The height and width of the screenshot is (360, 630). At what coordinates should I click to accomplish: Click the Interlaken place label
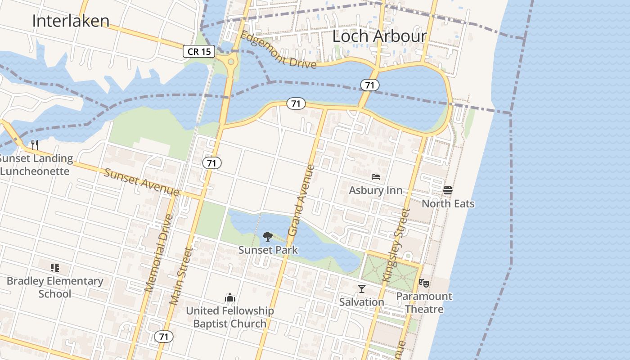tap(71, 21)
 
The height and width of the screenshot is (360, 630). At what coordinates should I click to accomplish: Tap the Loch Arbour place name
tap(379, 36)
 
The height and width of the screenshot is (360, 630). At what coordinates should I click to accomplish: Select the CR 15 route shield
tap(199, 51)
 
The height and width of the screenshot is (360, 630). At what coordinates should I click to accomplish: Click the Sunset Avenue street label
tap(141, 182)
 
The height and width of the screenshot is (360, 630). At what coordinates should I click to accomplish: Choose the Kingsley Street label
tap(396, 245)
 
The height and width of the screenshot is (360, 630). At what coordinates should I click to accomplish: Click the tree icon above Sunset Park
tap(268, 237)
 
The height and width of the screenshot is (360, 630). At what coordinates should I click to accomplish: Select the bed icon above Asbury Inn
tap(376, 177)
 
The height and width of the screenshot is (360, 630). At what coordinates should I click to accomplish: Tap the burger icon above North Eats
tap(447, 190)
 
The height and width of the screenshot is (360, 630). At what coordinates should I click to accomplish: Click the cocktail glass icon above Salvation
tap(362, 288)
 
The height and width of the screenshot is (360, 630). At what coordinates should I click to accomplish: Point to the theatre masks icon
tap(423, 283)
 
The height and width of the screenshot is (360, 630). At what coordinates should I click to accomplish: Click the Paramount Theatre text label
tap(424, 302)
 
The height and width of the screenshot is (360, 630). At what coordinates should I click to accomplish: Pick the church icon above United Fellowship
tap(230, 297)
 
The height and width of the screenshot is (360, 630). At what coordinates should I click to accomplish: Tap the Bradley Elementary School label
tap(55, 287)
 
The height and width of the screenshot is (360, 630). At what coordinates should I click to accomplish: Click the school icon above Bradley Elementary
tap(55, 268)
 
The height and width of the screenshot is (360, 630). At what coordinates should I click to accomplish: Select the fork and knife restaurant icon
tap(35, 145)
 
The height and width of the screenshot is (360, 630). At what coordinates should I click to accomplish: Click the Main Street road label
tap(181, 275)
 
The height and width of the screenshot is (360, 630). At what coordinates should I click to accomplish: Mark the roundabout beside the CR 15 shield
tap(231, 62)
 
